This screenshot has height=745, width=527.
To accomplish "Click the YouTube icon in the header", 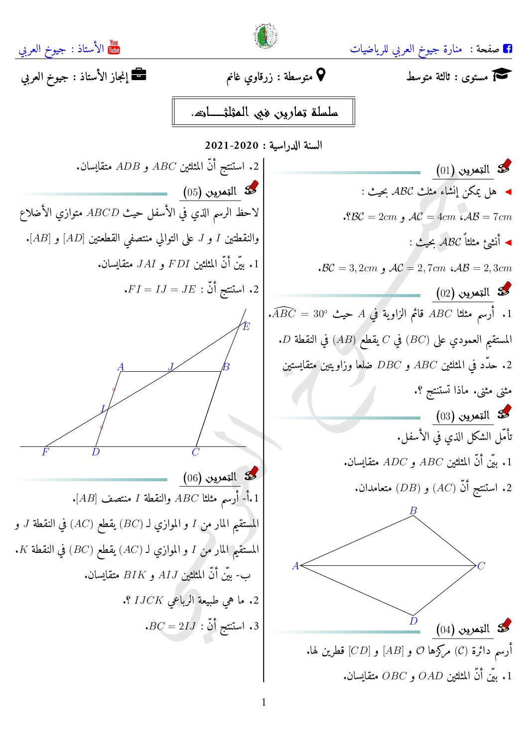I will [114, 47].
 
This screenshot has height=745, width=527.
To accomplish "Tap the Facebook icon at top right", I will [508, 48].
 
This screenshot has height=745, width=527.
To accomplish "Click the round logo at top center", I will [265, 36].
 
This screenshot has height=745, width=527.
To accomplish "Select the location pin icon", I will [321, 75].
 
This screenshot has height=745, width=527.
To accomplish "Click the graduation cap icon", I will [502, 75].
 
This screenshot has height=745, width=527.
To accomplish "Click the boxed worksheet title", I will [263, 112].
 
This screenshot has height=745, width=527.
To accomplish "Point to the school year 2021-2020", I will [232, 146].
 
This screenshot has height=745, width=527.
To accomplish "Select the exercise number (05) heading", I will [210, 192].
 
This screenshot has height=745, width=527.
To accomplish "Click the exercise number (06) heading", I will [210, 478].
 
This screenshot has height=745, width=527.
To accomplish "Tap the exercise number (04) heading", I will [463, 630].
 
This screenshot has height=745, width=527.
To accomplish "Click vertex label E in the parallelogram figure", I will [246, 327].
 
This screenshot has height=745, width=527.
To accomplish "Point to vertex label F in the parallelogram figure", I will [45, 452].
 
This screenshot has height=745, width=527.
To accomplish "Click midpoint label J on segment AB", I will [171, 367].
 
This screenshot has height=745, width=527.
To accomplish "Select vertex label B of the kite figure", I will [413, 511].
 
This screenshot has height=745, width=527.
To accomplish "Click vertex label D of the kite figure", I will [413, 621].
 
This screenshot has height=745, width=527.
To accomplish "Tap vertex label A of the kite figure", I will [295, 566].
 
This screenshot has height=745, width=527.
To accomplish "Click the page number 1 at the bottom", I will [263, 702].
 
